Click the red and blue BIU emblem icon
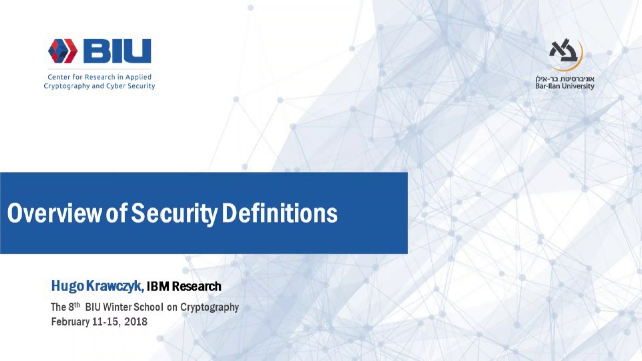click(x=63, y=51)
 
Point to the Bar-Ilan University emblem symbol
click(x=565, y=53)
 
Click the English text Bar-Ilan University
click(x=564, y=86)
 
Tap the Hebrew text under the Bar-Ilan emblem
click(x=564, y=79)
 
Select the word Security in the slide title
click(x=174, y=213)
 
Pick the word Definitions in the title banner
click(x=279, y=213)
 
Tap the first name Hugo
click(x=67, y=286)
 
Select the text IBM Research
click(x=184, y=286)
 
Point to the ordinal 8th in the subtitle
click(x=74, y=306)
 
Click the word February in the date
click(x=70, y=322)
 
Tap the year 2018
click(x=136, y=322)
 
